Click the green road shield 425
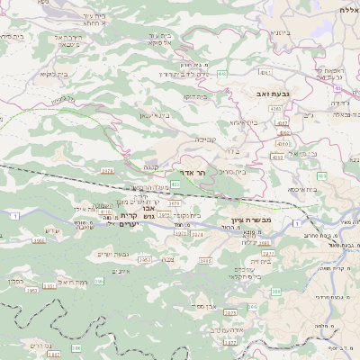tap(175, 184)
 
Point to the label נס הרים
tap(40, 345)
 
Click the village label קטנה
tap(149, 166)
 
